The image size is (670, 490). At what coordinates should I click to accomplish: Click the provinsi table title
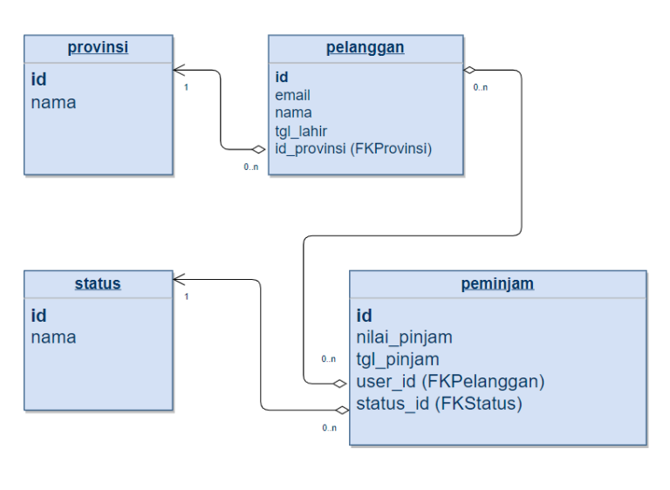point(98,47)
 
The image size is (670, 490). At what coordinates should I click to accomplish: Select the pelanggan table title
point(365,47)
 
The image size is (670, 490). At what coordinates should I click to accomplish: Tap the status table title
point(98,283)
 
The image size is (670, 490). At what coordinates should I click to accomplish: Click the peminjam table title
point(497,283)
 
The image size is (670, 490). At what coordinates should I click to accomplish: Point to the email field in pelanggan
point(293,95)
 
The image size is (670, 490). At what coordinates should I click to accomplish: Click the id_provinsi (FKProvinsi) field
point(353,148)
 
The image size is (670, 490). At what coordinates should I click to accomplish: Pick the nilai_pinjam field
point(404,337)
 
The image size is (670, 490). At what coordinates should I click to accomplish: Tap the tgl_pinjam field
point(397,359)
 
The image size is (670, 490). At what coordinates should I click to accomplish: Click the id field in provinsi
point(39,79)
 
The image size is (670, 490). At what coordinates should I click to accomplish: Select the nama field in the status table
point(53,337)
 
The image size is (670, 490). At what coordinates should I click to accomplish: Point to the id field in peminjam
point(365,315)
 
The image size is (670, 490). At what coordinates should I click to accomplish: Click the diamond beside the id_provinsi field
point(258,149)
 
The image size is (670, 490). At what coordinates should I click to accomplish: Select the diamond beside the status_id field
point(341,409)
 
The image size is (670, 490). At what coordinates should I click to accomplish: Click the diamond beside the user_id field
point(341,382)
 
